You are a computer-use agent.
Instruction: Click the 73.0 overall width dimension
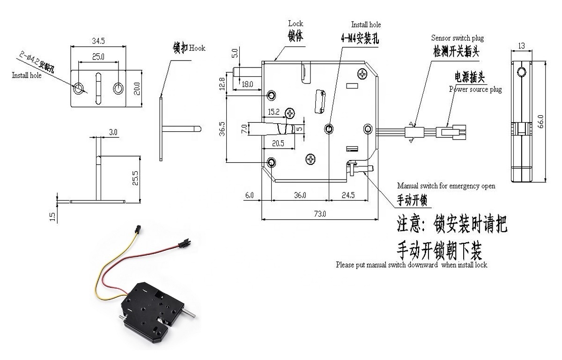click(320, 214)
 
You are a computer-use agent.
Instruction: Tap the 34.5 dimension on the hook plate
click(98, 41)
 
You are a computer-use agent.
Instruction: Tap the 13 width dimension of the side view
click(521, 45)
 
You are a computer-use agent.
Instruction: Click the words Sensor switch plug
click(457, 38)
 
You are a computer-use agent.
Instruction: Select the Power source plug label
click(475, 89)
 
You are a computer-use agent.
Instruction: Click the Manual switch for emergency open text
click(446, 186)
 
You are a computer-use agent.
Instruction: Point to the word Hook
click(197, 48)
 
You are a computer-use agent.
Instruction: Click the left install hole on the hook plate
click(79, 88)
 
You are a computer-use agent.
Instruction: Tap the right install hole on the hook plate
click(119, 88)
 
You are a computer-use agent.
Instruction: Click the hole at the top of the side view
click(522, 72)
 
